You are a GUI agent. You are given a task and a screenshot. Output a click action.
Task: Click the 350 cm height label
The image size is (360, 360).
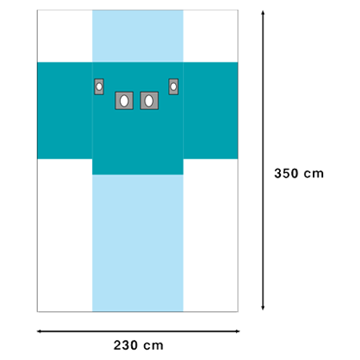[299, 174]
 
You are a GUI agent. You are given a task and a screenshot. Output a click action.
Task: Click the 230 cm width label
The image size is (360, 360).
[138, 345]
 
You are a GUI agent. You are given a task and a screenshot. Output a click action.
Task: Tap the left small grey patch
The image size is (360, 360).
[99, 86]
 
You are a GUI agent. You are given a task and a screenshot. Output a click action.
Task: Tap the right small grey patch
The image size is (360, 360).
[174, 86]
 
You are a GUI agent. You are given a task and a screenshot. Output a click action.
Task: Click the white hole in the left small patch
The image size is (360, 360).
[99, 86]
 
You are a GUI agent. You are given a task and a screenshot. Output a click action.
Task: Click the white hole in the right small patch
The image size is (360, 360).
[174, 86]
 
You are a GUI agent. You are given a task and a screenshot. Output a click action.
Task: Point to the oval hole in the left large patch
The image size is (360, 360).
[124, 101]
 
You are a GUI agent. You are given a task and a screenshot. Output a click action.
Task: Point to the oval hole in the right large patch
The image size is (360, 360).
[149, 101]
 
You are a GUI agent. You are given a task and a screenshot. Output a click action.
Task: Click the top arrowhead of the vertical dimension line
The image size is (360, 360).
[263, 13]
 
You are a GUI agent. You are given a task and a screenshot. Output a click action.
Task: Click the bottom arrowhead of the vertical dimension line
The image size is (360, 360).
[263, 308]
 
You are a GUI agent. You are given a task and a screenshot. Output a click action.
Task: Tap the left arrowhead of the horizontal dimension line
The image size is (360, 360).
[39, 331]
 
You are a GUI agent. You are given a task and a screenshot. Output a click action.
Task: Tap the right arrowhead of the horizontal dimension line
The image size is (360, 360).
[237, 331]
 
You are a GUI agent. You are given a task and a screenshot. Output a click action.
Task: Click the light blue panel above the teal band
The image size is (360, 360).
[138, 36]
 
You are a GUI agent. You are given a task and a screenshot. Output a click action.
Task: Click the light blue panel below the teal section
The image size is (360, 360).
[138, 243]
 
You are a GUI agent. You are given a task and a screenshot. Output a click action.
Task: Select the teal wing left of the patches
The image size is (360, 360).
[65, 110]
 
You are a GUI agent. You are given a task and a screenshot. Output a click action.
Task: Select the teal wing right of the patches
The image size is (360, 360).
[210, 110]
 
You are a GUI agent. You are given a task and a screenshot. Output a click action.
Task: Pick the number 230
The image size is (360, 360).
[126, 345]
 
